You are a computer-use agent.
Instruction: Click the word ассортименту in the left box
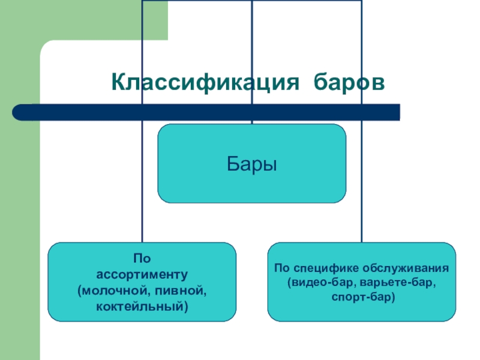tap(142, 275)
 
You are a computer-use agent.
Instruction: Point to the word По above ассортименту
tap(142, 259)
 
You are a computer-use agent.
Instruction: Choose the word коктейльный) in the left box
tap(142, 307)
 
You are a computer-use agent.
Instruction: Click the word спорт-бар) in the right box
tap(362, 296)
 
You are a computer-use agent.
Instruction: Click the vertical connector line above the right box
tap(362, 222)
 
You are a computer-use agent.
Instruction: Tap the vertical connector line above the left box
tap(142, 222)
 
